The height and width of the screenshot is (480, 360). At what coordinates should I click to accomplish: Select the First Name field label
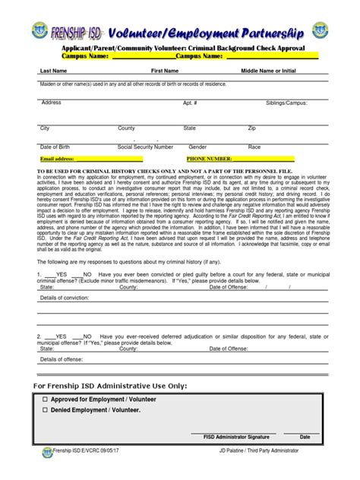point(165,71)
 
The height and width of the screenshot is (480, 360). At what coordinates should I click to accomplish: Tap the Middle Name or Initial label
point(268,71)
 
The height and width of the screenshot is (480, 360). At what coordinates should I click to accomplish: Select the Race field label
point(254,147)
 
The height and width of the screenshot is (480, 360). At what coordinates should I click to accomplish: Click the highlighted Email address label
point(58,159)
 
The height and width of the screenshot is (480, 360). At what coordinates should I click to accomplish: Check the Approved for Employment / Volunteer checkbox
point(45,398)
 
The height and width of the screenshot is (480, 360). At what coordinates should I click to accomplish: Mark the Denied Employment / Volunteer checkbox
point(45,410)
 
